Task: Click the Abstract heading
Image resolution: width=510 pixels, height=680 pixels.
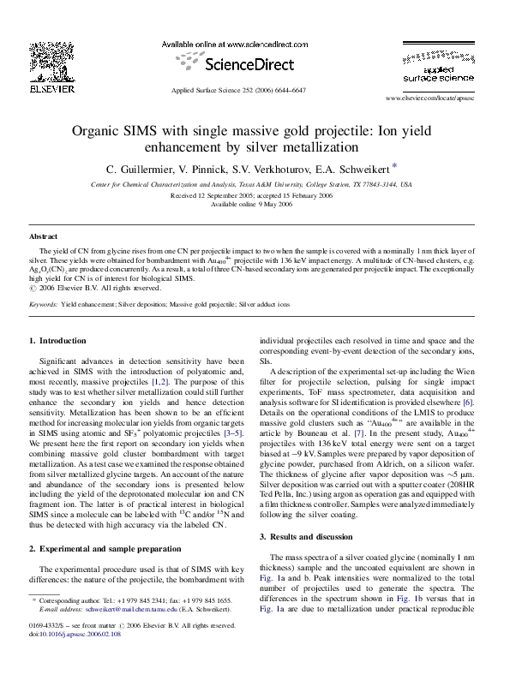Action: tap(43, 235)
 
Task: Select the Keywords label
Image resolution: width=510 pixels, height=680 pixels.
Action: tap(44, 304)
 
